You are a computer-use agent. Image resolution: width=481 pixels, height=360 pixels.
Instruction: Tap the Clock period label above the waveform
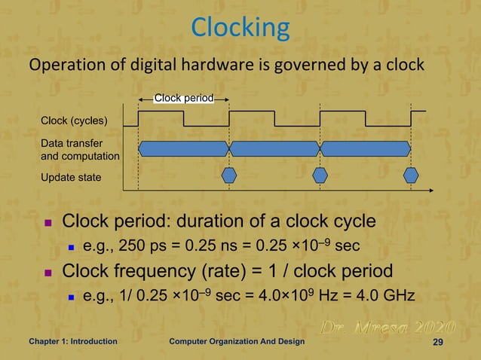click(184, 97)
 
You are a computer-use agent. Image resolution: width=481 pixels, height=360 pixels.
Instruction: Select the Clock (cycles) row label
click(74, 121)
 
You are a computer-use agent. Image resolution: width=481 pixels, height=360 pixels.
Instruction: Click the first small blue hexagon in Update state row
click(229, 175)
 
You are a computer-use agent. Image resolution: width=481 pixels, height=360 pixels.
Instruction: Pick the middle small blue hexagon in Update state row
click(320, 175)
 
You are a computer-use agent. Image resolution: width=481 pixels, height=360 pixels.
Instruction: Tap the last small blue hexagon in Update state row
click(411, 175)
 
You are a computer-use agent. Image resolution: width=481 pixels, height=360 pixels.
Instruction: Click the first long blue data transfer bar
click(184, 148)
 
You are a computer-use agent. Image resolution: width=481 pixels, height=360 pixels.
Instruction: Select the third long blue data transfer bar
click(366, 148)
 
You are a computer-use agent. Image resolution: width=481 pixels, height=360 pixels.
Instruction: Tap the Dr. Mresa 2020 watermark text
click(388, 328)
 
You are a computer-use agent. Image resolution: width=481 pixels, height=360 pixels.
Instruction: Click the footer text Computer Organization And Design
click(237, 342)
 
